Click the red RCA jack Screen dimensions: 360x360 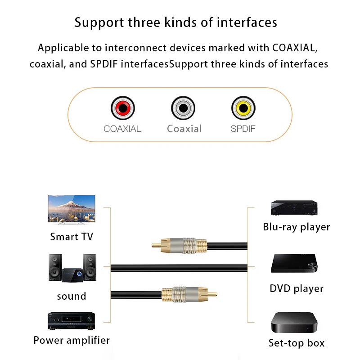[123, 108]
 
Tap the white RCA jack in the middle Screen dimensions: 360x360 [183, 108]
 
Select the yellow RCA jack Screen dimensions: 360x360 [243, 108]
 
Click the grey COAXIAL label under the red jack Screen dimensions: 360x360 [122, 129]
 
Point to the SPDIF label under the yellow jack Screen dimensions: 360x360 [243, 129]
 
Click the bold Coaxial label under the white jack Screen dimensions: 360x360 [184, 129]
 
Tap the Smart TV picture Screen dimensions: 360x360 [72, 209]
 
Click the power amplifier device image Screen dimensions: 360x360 [71, 321]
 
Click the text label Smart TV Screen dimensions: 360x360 [72, 237]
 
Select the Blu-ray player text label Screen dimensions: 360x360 [297, 227]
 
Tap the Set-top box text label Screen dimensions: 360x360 [297, 343]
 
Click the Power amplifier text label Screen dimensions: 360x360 [72, 340]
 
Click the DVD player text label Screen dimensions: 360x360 [297, 288]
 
